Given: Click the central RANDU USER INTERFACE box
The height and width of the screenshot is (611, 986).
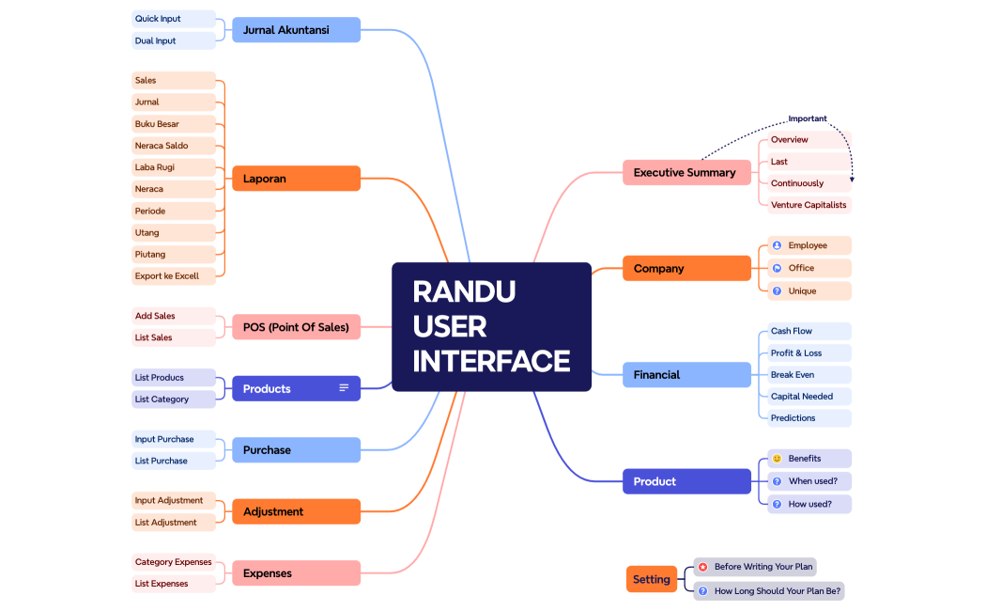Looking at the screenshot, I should pyautogui.click(x=491, y=326).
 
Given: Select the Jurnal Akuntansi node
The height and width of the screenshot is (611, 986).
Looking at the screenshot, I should pyautogui.click(x=296, y=30).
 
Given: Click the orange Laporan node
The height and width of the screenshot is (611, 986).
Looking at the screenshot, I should pyautogui.click(x=296, y=179).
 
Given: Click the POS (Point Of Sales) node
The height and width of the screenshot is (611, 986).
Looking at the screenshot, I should pyautogui.click(x=296, y=327).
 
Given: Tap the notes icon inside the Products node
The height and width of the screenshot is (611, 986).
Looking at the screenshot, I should pyautogui.click(x=344, y=388).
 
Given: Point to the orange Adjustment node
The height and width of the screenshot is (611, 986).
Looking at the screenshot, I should pyautogui.click(x=296, y=511).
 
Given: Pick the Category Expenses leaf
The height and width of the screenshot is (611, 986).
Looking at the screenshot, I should pyautogui.click(x=173, y=562).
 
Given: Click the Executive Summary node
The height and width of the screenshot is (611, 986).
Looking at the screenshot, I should pyautogui.click(x=686, y=173).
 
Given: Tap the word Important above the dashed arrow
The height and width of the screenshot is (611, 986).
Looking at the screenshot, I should pyautogui.click(x=808, y=118).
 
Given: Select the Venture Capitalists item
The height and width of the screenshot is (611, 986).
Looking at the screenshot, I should pyautogui.click(x=808, y=205).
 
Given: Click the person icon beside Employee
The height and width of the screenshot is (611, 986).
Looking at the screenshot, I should pyautogui.click(x=777, y=245).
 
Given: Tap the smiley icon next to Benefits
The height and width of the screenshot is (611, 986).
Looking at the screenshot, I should pyautogui.click(x=777, y=459).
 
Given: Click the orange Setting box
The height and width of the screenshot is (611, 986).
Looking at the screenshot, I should pyautogui.click(x=652, y=579).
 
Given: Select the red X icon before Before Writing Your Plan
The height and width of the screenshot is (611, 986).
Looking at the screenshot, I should pyautogui.click(x=702, y=567).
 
